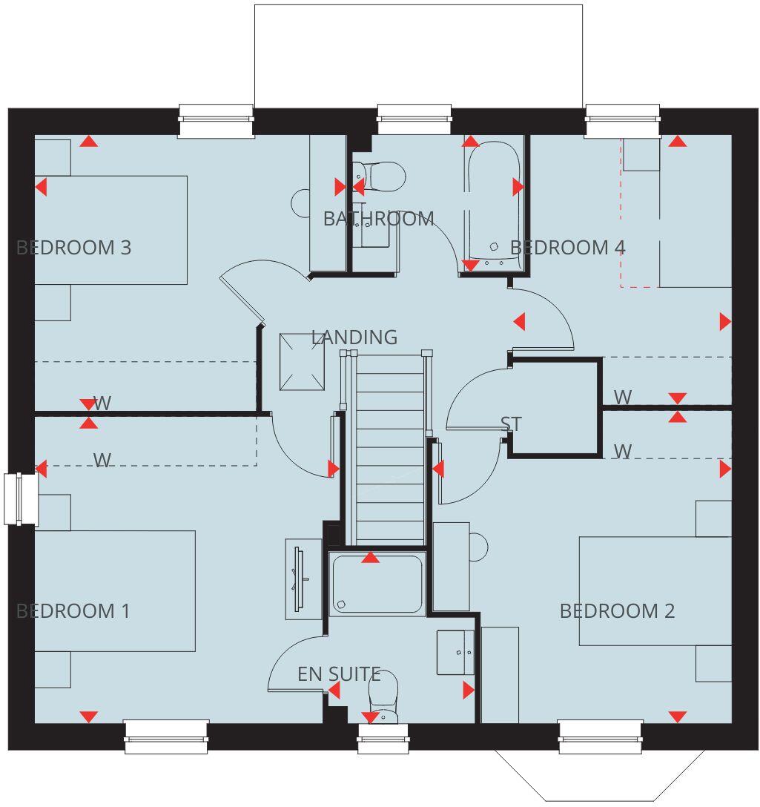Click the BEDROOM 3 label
coord(73,247)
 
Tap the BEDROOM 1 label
coord(73,611)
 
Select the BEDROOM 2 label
coord(617,611)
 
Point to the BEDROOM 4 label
coord(568,247)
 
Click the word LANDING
coord(354,337)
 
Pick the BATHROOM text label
coord(378,219)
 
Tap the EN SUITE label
coord(339,674)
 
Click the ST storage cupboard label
coord(511,424)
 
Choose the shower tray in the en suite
coord(377,584)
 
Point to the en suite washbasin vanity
coord(455,653)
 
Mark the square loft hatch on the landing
coord(303,361)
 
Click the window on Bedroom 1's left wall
coord(21,498)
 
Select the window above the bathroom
coord(414,120)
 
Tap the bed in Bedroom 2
coord(655,590)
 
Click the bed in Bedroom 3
coord(110,230)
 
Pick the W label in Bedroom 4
coord(623,398)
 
